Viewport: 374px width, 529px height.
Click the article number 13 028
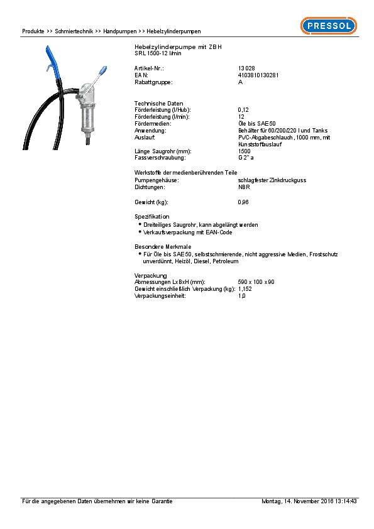(x=245, y=67)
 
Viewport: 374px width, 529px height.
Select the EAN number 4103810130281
(x=258, y=75)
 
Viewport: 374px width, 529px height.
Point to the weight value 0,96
(x=243, y=202)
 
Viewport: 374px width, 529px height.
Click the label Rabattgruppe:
(x=153, y=82)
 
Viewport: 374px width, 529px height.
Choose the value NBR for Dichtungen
(x=243, y=187)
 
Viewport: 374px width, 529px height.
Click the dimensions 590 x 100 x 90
(x=256, y=281)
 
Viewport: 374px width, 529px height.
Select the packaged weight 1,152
(x=245, y=288)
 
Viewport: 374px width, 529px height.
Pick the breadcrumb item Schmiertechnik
(x=74, y=31)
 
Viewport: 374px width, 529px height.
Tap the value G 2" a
(x=246, y=158)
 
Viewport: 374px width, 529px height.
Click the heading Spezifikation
(x=151, y=217)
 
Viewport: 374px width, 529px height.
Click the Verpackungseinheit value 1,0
(x=242, y=295)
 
